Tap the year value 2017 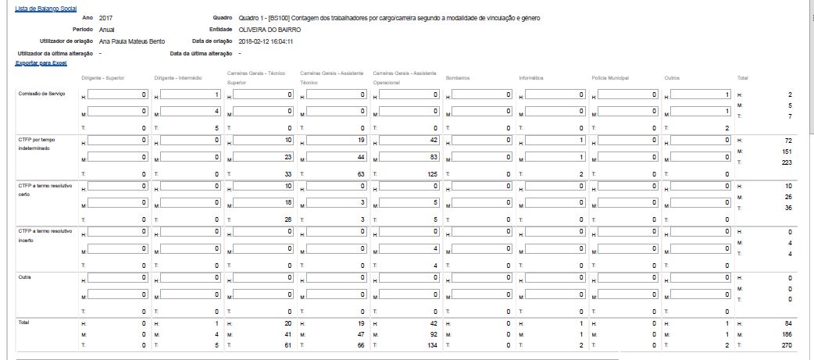pyautogui.click(x=106, y=17)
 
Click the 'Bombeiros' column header pyautogui.click(x=458, y=78)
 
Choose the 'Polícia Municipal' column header pyautogui.click(x=610, y=78)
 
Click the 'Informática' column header pyautogui.click(x=533, y=78)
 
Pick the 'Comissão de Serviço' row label pyautogui.click(x=40, y=93)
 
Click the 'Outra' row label pyautogui.click(x=25, y=276)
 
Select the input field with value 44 pyautogui.click(x=332, y=157)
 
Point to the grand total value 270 pyautogui.click(x=787, y=344)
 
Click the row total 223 pyautogui.click(x=787, y=162)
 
